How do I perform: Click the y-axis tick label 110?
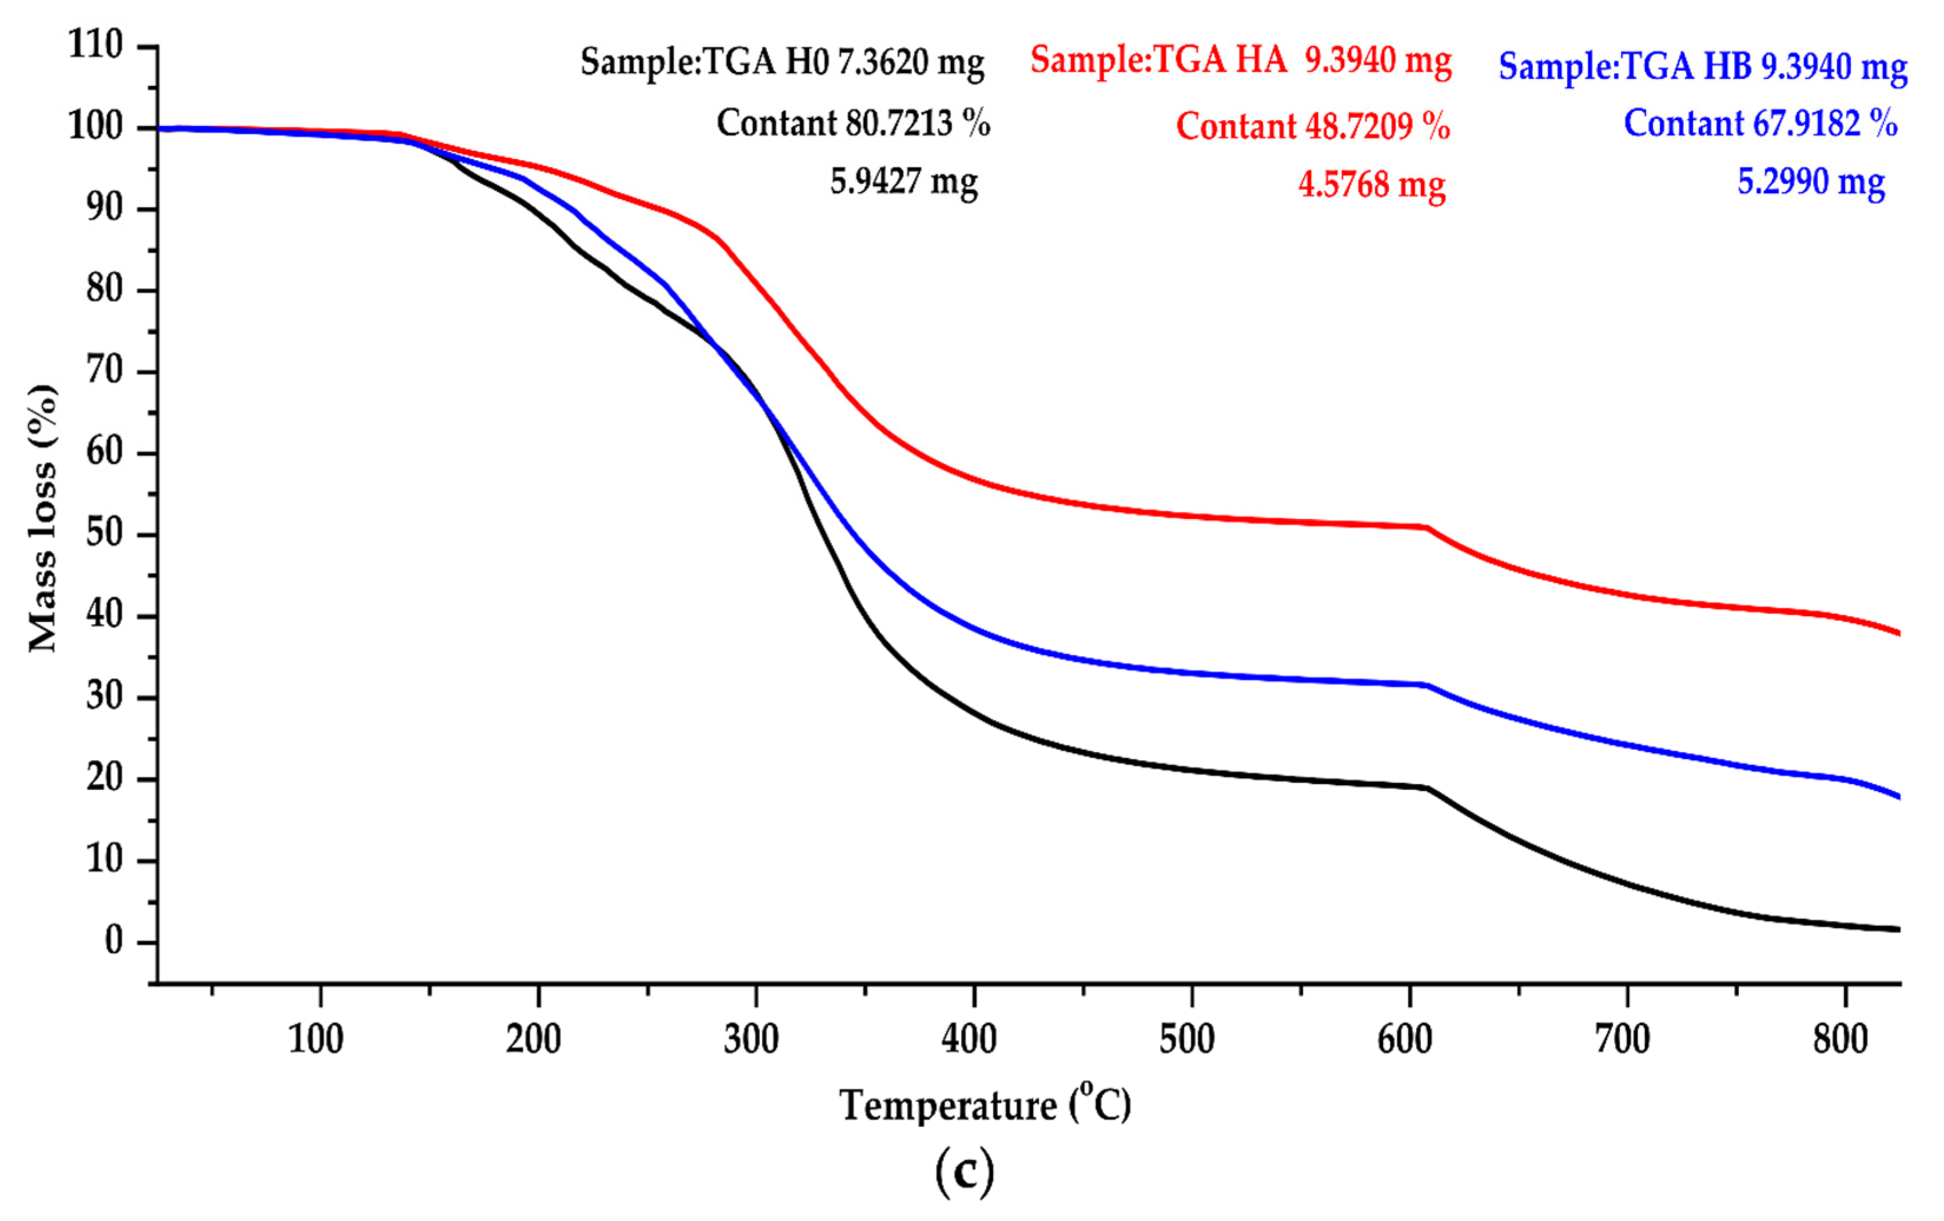tap(95, 45)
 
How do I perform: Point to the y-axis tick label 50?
tap(104, 534)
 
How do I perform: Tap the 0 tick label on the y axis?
tap(114, 941)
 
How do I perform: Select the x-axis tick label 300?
tap(751, 1040)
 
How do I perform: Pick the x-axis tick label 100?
tap(316, 1040)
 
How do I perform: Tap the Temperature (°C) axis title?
tap(985, 1106)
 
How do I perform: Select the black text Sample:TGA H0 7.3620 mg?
tap(782, 62)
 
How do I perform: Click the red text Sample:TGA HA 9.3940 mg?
tap(1241, 61)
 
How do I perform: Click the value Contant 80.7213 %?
tap(854, 124)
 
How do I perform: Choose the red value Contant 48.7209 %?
tap(1312, 127)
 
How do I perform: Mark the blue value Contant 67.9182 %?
tap(1760, 124)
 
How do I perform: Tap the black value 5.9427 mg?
tap(904, 181)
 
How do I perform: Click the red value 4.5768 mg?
tap(1371, 185)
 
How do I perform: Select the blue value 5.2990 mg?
tap(1811, 181)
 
